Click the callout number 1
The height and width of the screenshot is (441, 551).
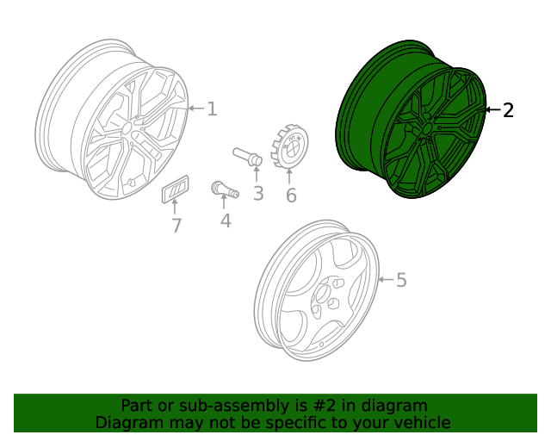pyautogui.click(x=212, y=109)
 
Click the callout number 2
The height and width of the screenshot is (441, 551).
pyautogui.click(x=508, y=110)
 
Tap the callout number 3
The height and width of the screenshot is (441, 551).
pyautogui.click(x=258, y=193)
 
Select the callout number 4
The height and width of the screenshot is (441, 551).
pyautogui.click(x=226, y=220)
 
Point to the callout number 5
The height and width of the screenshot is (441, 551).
pyautogui.click(x=400, y=280)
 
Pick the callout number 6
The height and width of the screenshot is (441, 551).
pyautogui.click(x=291, y=196)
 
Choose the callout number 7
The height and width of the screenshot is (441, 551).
pyautogui.click(x=176, y=226)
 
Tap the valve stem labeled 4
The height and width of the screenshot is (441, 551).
pyautogui.click(x=223, y=190)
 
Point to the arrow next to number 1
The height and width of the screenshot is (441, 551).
pyautogui.click(x=195, y=109)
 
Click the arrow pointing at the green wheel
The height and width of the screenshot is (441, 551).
pyautogui.click(x=492, y=110)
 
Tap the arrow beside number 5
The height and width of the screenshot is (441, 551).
pyautogui.click(x=384, y=280)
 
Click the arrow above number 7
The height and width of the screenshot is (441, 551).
pyautogui.click(x=176, y=208)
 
